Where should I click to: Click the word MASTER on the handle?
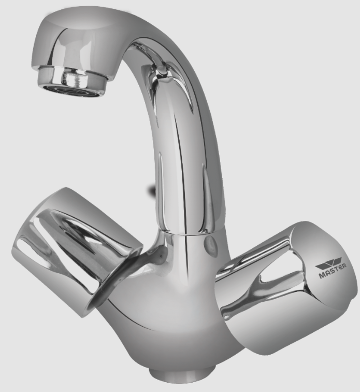[x=333, y=272]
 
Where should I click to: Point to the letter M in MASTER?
[x=322, y=276]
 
